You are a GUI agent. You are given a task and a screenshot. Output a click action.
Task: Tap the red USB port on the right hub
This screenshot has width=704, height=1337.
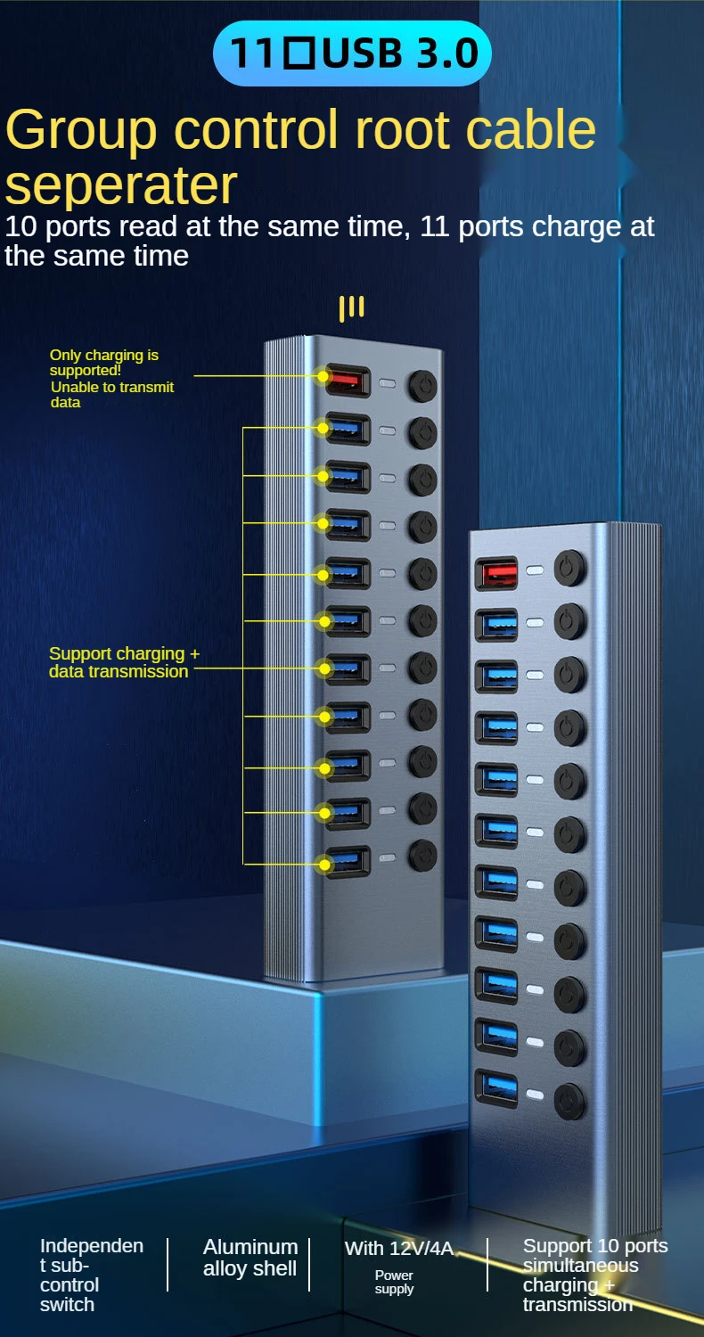[497, 571]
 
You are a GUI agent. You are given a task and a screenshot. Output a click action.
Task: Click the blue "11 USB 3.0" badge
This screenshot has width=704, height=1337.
[352, 53]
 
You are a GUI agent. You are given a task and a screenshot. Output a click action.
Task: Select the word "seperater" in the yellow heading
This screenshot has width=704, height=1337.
[121, 185]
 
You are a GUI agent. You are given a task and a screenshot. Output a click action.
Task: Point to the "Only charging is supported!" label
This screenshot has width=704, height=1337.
[104, 362]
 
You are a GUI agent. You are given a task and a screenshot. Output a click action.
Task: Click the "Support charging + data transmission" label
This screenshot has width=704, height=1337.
[124, 662]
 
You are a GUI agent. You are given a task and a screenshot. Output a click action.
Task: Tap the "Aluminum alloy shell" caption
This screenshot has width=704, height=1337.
[250, 1258]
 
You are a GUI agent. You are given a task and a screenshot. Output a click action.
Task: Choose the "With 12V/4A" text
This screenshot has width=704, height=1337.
[399, 1248]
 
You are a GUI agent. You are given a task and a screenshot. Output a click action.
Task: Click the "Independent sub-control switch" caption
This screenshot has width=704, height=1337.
[92, 1275]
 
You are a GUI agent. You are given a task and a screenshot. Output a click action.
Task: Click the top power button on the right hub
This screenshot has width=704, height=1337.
[569, 568]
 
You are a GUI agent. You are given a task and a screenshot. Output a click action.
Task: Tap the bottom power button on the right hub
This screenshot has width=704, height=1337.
[569, 1102]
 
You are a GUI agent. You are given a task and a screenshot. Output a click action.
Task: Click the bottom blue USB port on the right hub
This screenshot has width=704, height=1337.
[497, 1089]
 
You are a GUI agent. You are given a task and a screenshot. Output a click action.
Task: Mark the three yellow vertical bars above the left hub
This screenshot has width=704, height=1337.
[352, 308]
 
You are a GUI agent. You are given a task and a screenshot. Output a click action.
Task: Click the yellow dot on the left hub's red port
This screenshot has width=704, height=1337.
[323, 376]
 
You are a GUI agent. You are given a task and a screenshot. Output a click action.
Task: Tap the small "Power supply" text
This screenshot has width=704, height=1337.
[394, 1282]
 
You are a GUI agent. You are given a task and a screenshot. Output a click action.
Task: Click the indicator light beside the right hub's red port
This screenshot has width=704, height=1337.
[534, 570]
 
